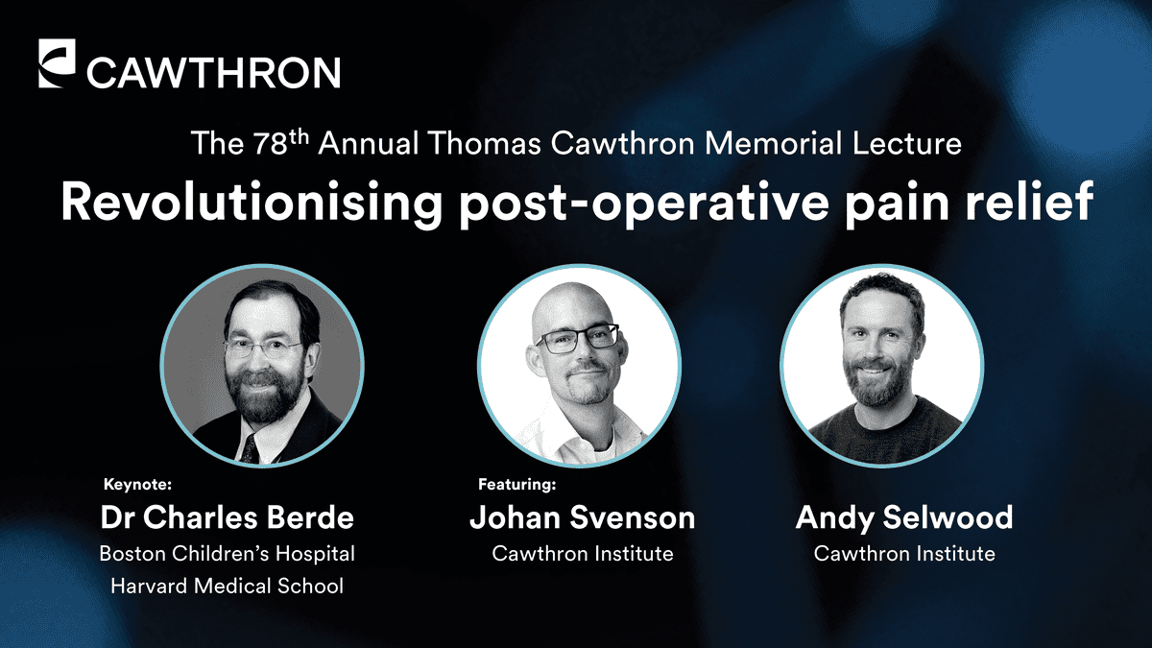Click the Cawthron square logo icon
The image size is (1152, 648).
tap(57, 63)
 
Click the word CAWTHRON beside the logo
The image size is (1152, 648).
tap(213, 73)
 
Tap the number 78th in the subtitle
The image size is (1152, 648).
tap(280, 142)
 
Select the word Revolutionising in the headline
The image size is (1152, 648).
tap(252, 203)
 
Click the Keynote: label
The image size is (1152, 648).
tap(137, 485)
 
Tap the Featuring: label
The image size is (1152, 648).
tap(516, 485)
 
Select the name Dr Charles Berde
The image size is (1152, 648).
tap(227, 517)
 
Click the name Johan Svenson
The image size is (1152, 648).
tap(582, 517)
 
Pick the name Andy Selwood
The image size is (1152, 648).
tap(904, 518)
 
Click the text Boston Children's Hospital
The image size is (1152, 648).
tap(227, 554)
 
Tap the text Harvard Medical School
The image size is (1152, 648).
tap(227, 587)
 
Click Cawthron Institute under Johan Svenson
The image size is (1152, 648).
tap(582, 554)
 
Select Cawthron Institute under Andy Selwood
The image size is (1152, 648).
tap(904, 554)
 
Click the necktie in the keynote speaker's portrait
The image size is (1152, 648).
tap(250, 449)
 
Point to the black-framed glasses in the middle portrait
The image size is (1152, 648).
tap(577, 340)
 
